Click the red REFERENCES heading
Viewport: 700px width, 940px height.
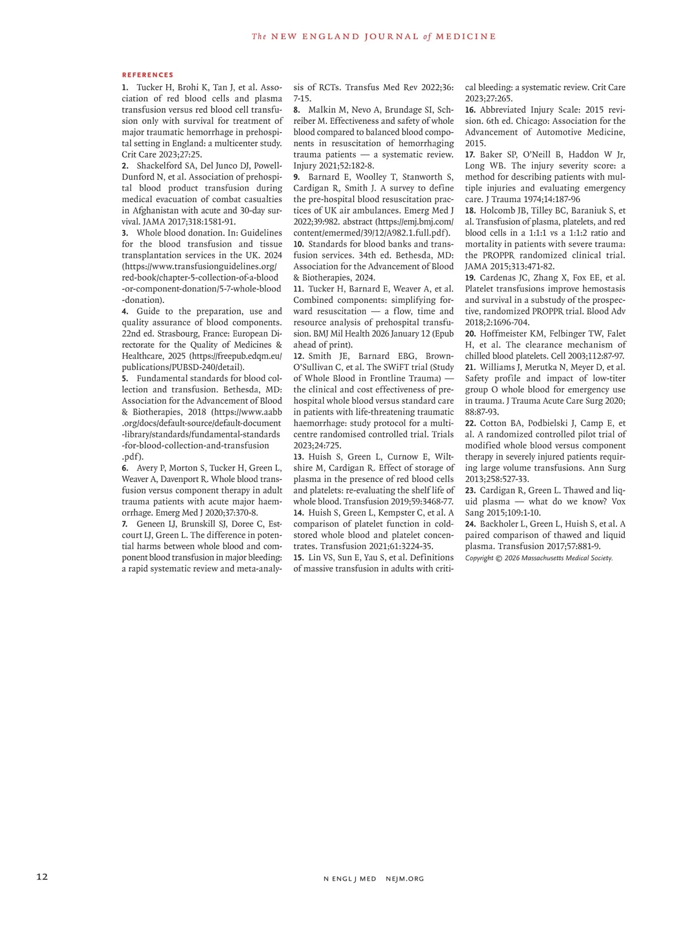(x=148, y=75)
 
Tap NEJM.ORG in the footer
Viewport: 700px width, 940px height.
(x=405, y=878)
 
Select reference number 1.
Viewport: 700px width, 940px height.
(x=125, y=87)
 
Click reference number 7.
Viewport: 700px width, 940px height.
(x=125, y=524)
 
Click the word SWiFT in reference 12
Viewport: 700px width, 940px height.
(x=414, y=367)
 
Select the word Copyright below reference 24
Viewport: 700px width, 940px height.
(x=480, y=558)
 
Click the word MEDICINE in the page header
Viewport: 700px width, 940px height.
(x=466, y=37)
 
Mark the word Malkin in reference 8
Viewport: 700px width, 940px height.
(x=322, y=110)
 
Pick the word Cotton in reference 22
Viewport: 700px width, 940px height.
(x=494, y=423)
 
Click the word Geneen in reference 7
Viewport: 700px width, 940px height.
(x=152, y=524)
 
